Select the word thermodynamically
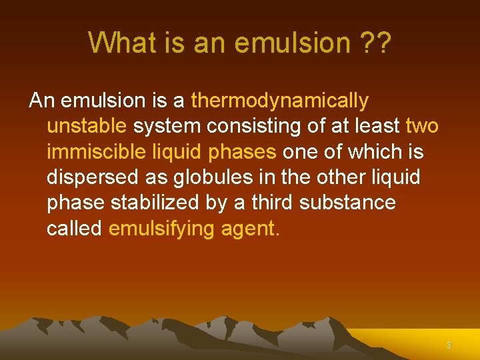click(279, 101)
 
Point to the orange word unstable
click(87, 127)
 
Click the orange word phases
click(243, 152)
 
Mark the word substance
click(347, 203)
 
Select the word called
click(74, 228)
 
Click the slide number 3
click(449, 345)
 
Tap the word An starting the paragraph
click(41, 101)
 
